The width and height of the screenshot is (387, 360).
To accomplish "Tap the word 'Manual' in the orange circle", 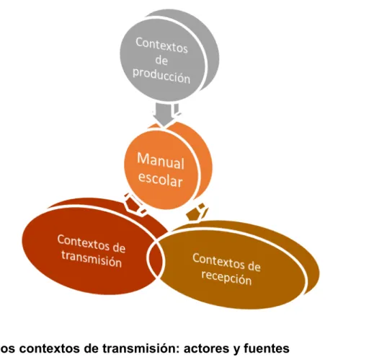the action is pyautogui.click(x=161, y=161).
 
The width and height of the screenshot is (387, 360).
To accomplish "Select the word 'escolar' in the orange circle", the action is pyautogui.click(x=161, y=179).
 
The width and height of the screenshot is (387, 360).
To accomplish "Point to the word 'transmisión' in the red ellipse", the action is pyautogui.click(x=92, y=259).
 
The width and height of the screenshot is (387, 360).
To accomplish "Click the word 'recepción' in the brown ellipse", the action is pyautogui.click(x=226, y=278).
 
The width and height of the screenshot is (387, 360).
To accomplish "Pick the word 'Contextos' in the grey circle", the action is pyautogui.click(x=161, y=45).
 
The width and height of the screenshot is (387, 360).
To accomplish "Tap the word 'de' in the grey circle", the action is pyautogui.click(x=161, y=61).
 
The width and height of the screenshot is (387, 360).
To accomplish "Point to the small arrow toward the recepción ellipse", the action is pyautogui.click(x=197, y=212).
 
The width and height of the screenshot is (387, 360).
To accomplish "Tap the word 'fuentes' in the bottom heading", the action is pyautogui.click(x=267, y=348).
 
